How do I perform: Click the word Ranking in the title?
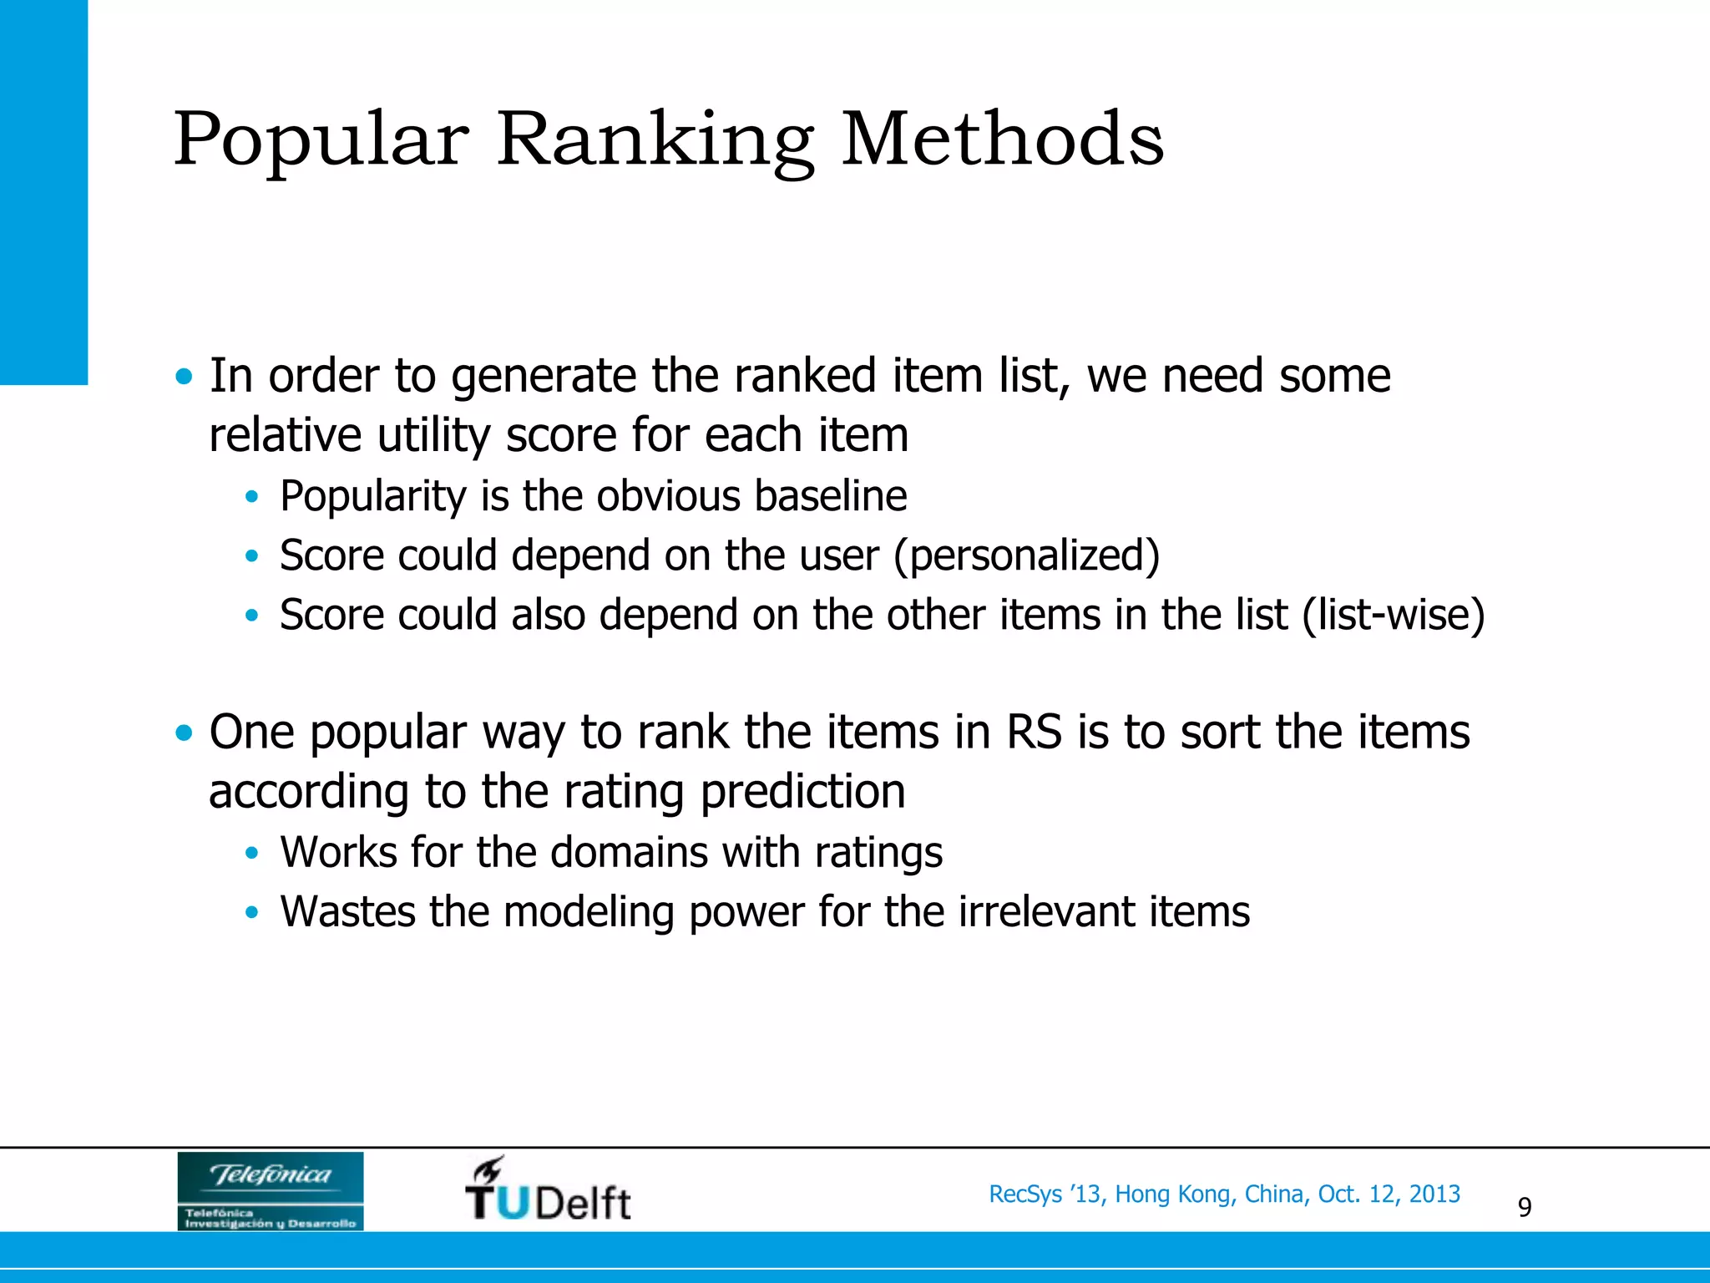(x=655, y=140)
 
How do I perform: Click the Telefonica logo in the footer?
(x=270, y=1190)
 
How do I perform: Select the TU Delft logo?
(x=548, y=1190)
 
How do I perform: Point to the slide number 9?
(x=1524, y=1207)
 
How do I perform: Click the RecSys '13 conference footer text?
(x=1224, y=1194)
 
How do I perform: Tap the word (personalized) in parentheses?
(x=1027, y=555)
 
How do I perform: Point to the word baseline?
(x=830, y=496)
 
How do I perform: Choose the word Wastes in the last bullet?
(x=347, y=911)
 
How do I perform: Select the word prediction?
(x=802, y=792)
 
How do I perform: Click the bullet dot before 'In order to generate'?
(x=184, y=377)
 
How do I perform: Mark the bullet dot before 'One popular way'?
(x=184, y=733)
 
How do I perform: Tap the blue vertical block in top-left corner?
(x=43, y=192)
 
